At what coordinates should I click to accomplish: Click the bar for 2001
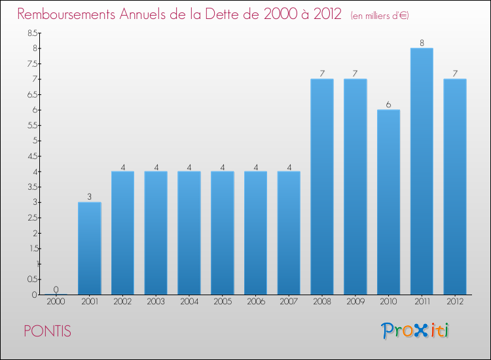coord(89,248)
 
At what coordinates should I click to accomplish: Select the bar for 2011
coord(422,171)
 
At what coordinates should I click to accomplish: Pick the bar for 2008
coord(322,187)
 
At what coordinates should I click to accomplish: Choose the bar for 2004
coord(189,232)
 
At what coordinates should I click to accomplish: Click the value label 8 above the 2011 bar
coord(422,43)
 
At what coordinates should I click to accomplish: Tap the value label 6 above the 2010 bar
coord(388,105)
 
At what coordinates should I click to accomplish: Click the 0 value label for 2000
coord(56,289)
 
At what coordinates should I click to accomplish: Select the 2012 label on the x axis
coord(455,302)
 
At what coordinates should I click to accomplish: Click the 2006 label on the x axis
coord(255,302)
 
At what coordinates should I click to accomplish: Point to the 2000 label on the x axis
coord(56,302)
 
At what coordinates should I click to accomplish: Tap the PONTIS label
coord(47,331)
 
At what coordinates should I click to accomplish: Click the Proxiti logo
coord(416,331)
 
